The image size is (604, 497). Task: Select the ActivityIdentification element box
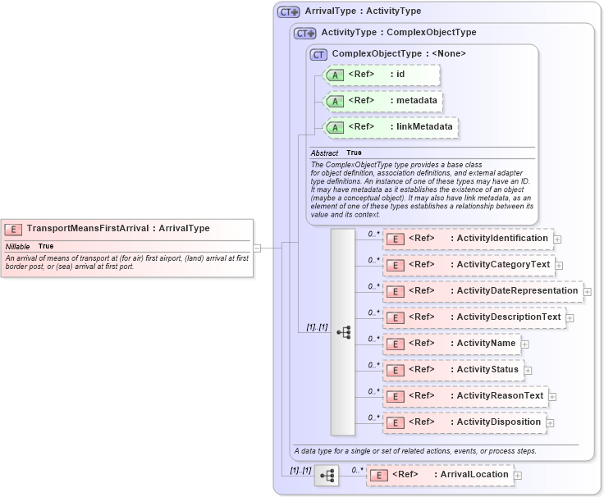click(x=468, y=239)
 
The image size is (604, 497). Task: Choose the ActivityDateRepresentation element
click(x=483, y=291)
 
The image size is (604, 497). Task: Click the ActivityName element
click(x=451, y=344)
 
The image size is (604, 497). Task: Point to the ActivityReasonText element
click(x=465, y=396)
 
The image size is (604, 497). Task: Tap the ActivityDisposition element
click(x=464, y=422)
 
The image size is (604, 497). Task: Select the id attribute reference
click(x=382, y=75)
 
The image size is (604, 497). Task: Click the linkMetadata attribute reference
click(x=390, y=127)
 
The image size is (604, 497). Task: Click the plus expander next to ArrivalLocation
click(x=518, y=475)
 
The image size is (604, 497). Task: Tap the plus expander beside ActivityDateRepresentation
click(x=588, y=291)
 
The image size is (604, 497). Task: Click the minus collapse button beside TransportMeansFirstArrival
click(x=258, y=246)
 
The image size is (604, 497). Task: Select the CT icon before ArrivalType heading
click(x=288, y=11)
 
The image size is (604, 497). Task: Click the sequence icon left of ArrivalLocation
click(x=327, y=475)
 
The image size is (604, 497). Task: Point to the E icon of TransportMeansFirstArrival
click(x=14, y=229)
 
